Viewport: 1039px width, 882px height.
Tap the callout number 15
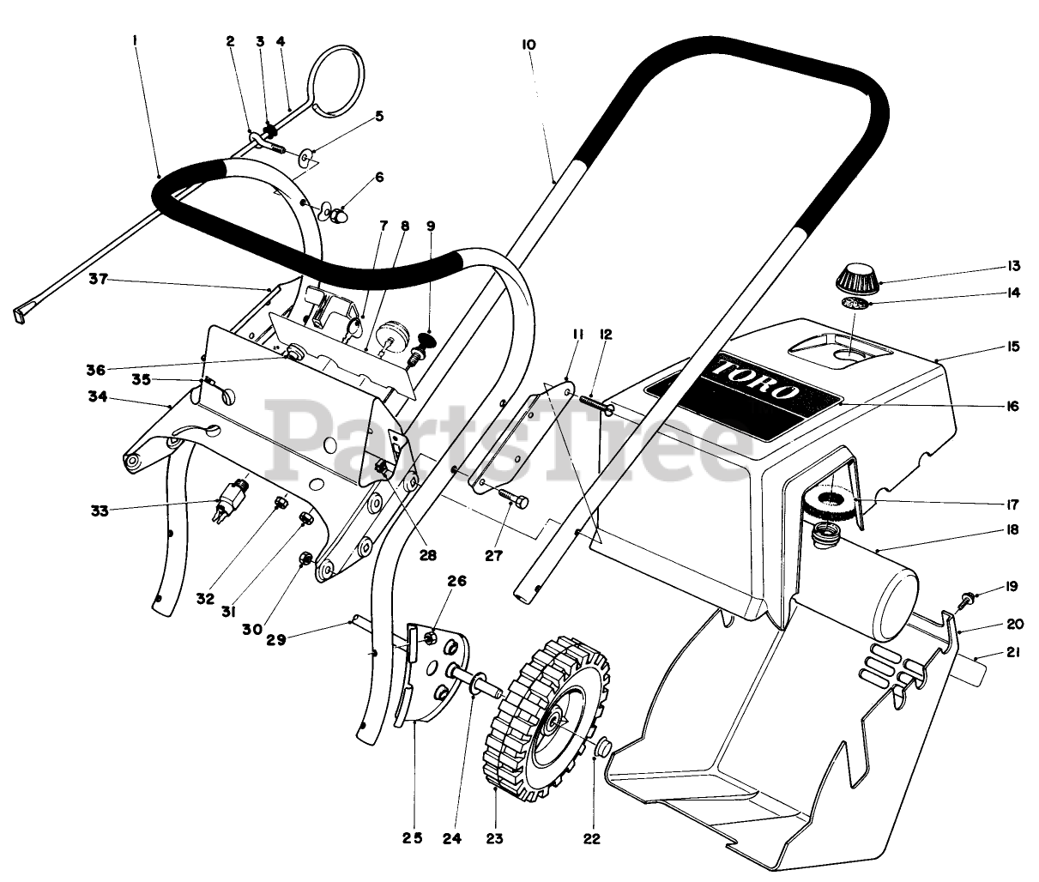pos(1013,347)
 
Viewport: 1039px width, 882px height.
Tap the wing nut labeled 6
pos(331,211)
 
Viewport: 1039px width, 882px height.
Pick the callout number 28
pos(426,555)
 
